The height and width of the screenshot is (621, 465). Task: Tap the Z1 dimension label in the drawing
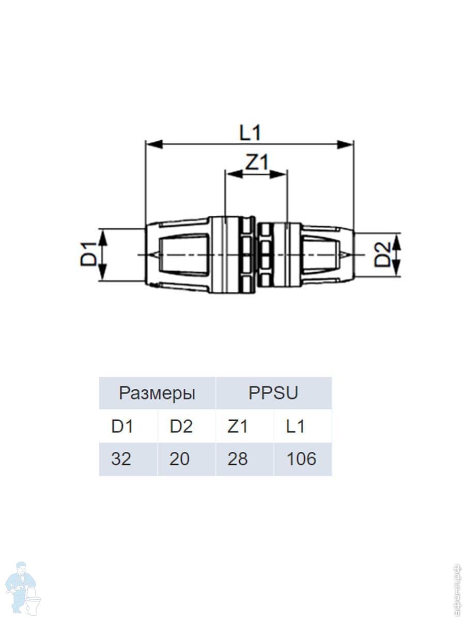[x=257, y=163]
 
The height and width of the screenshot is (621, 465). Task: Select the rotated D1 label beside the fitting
[x=88, y=255]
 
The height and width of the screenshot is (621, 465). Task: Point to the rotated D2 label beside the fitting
[x=383, y=255]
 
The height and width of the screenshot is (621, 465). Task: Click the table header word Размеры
[x=157, y=393]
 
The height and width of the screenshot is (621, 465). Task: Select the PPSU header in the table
[x=273, y=393]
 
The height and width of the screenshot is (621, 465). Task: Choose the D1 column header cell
[x=122, y=426]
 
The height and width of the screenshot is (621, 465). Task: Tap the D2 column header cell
[x=181, y=426]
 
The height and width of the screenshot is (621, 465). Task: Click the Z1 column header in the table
[x=238, y=426]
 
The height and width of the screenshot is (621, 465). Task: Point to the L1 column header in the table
[x=296, y=426]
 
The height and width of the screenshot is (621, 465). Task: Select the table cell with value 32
[x=121, y=459]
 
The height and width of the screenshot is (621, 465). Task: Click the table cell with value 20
[x=180, y=459]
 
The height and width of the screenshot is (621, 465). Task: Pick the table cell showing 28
[x=238, y=459]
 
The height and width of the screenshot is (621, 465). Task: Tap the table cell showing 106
[x=302, y=459]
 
